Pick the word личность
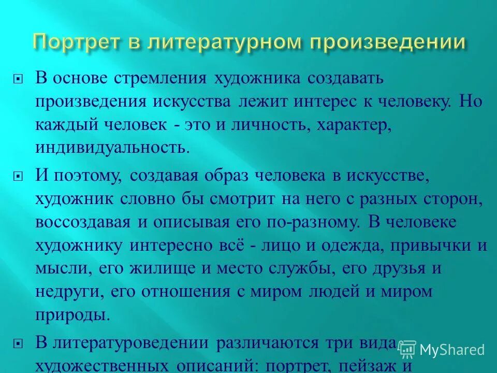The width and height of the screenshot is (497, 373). point(268,124)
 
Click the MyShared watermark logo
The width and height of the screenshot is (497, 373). point(442,350)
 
